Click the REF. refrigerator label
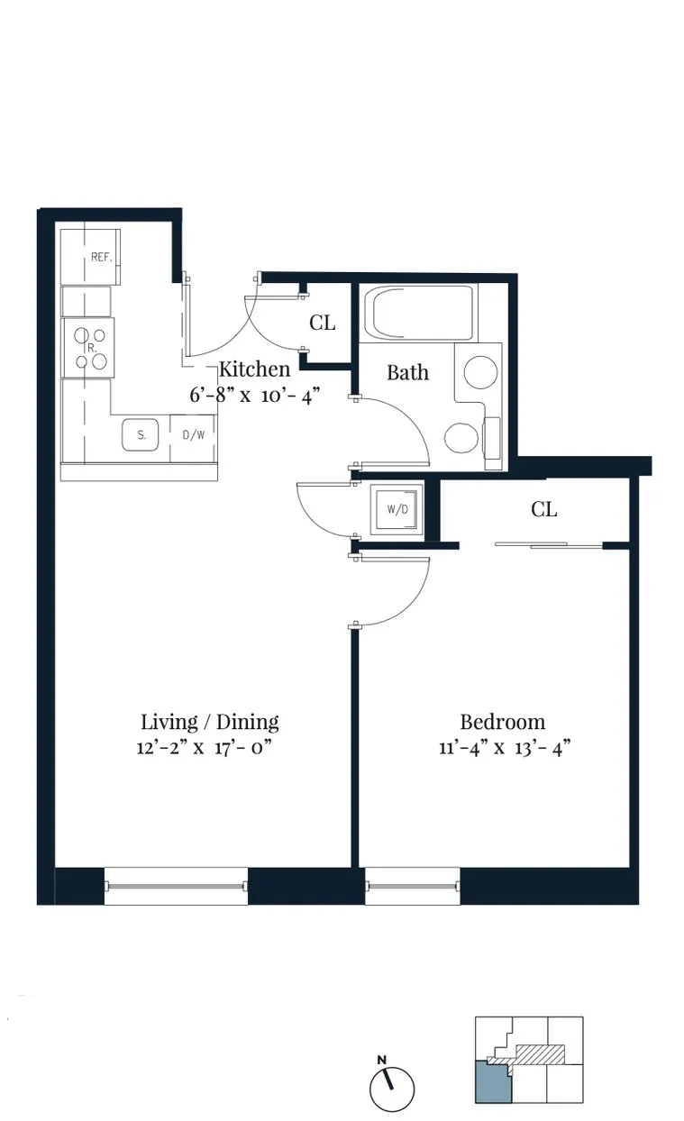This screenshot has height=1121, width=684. click(x=100, y=257)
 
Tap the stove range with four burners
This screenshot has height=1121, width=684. click(x=87, y=347)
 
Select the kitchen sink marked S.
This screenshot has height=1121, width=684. click(x=141, y=435)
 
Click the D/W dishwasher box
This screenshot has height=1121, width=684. click(x=193, y=435)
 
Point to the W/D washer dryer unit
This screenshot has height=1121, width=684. click(x=397, y=509)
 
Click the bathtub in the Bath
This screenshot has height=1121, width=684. click(x=420, y=313)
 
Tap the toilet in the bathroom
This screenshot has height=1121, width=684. click(x=462, y=437)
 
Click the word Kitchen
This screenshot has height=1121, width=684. click(x=255, y=369)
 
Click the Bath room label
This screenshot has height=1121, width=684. click(x=407, y=372)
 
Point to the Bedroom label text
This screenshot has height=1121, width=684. click(x=502, y=722)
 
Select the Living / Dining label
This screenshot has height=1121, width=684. click(x=209, y=722)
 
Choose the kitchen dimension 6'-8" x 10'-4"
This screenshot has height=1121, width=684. click(x=255, y=395)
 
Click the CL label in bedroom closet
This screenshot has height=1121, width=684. click(x=543, y=510)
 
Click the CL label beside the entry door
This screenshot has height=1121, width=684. click(x=322, y=323)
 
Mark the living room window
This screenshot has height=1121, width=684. click(x=176, y=886)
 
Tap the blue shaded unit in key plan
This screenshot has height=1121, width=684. click(x=492, y=1081)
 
